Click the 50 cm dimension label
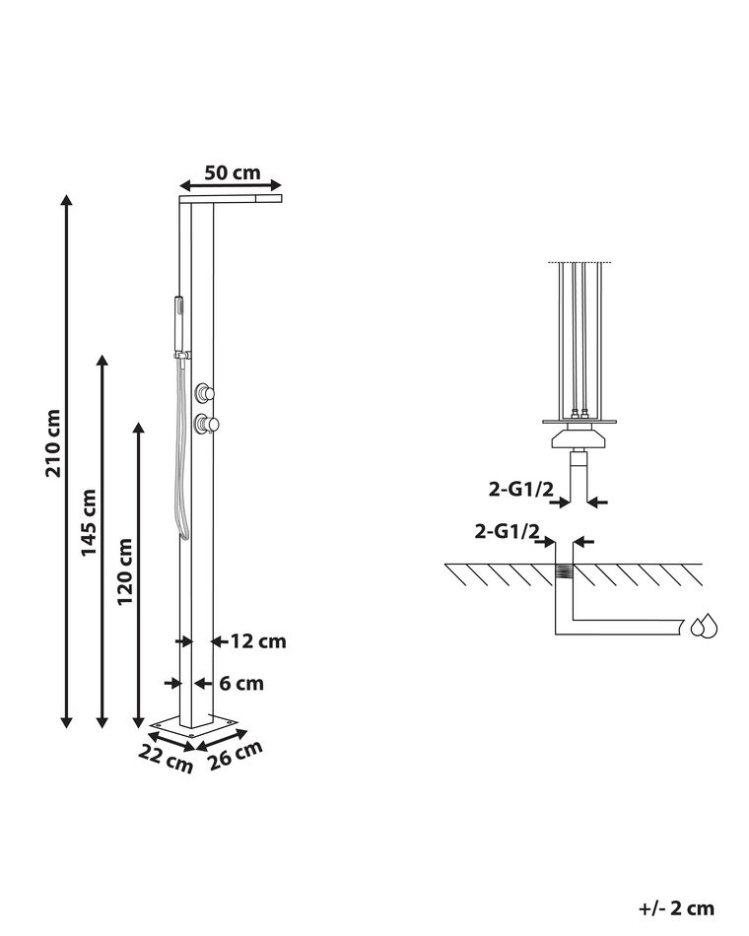[233, 172]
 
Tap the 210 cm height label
[53, 442]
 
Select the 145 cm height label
[89, 522]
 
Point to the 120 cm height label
[125, 571]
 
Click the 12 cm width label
[258, 641]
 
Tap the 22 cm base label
[165, 758]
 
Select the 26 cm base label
[237, 755]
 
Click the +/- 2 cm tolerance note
[675, 908]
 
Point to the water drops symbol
[704, 626]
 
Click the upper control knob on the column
[205, 392]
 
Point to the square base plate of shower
[196, 726]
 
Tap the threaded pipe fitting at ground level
[564, 572]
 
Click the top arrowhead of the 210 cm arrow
[66, 200]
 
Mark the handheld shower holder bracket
[182, 354]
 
